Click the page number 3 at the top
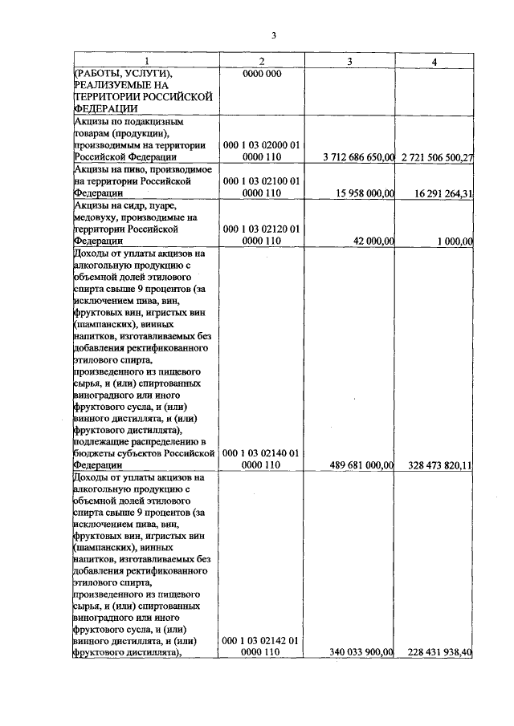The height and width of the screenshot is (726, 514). [x=273, y=36]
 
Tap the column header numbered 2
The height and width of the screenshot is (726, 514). [x=261, y=63]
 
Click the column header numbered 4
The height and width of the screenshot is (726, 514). [x=434, y=63]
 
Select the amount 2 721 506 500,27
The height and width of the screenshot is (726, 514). [x=434, y=157]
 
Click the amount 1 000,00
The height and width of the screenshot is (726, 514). [x=451, y=240]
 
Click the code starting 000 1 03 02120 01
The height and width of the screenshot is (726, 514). [x=261, y=233]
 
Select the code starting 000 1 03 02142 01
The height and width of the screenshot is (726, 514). [x=261, y=647]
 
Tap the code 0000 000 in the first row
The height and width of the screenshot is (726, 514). [x=261, y=74]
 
